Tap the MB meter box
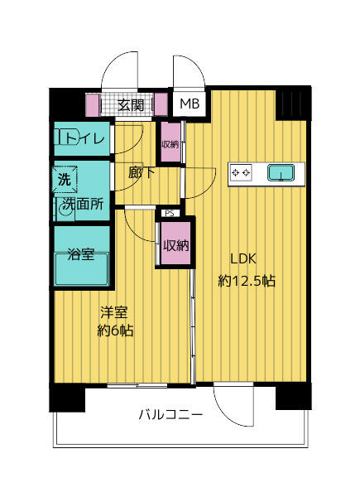click(190, 105)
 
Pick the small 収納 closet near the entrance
click(170, 144)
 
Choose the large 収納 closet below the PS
click(175, 244)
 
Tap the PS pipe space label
click(169, 213)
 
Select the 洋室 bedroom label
click(113, 313)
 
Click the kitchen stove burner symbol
click(242, 172)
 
